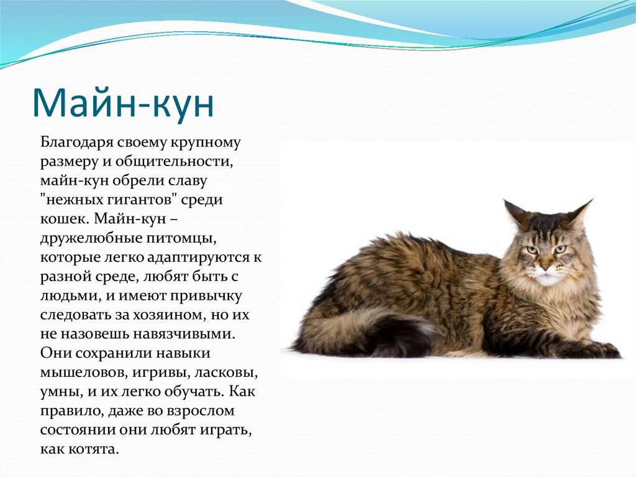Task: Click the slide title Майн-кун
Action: [x=123, y=102]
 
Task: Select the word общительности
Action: [x=175, y=162]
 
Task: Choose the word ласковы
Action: [x=226, y=373]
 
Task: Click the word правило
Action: [x=71, y=411]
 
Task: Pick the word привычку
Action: [x=206, y=296]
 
